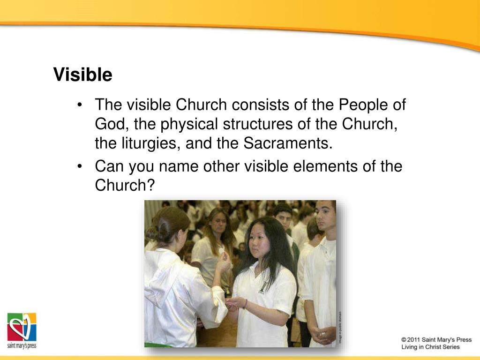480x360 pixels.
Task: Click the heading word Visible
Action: point(82,75)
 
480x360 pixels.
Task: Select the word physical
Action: point(189,124)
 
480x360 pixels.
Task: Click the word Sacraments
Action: point(287,143)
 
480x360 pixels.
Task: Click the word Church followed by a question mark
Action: point(124,186)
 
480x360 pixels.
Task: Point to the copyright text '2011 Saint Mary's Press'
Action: point(436,339)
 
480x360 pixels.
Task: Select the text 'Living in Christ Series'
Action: point(430,347)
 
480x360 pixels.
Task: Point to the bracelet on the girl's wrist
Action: point(246,304)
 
